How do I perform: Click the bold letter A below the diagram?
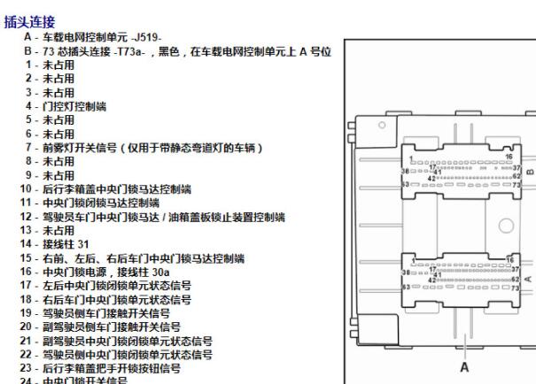[462, 364]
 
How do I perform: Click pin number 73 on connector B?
[513, 186]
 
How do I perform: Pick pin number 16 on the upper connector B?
[508, 155]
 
